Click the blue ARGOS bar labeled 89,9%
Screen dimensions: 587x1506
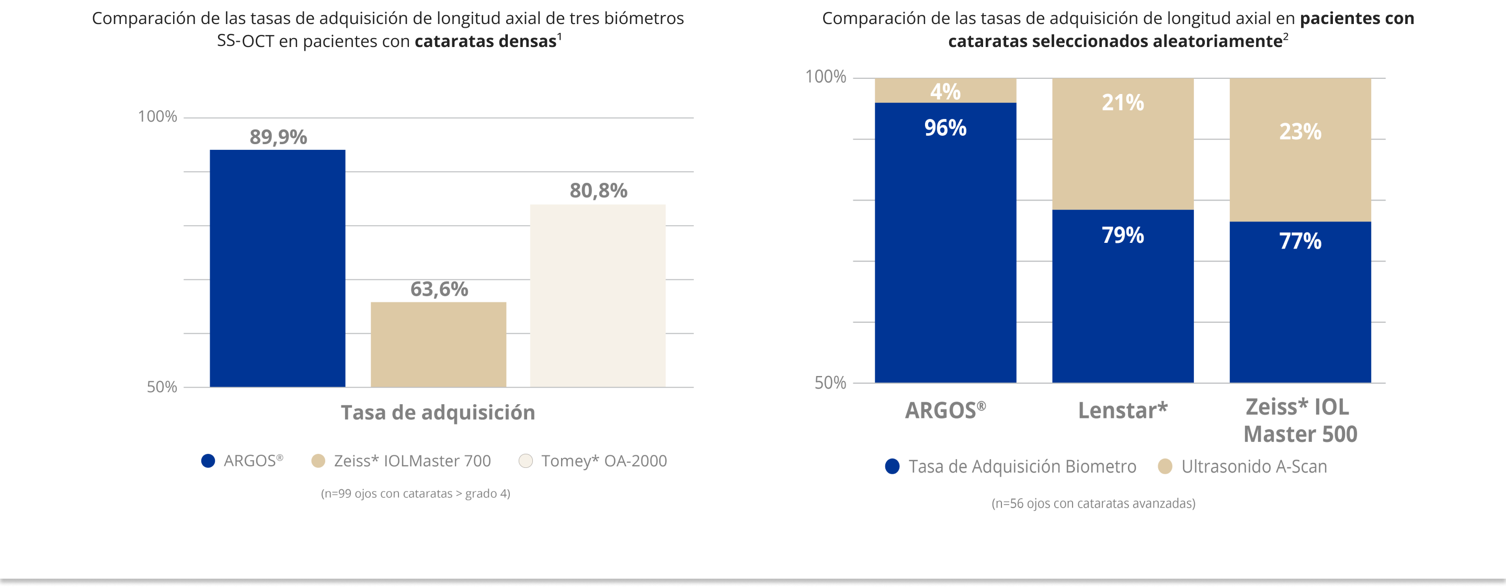(277, 268)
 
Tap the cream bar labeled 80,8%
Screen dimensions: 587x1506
(598, 296)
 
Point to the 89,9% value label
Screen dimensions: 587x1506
(278, 137)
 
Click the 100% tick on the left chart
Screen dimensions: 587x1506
(157, 117)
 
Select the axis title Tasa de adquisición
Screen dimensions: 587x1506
(438, 413)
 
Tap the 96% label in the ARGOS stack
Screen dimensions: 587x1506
(945, 128)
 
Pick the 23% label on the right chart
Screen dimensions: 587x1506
(1299, 132)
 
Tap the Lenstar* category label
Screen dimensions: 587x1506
(1123, 410)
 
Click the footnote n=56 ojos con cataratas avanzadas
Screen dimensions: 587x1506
(1093, 503)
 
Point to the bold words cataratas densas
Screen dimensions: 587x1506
(485, 41)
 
